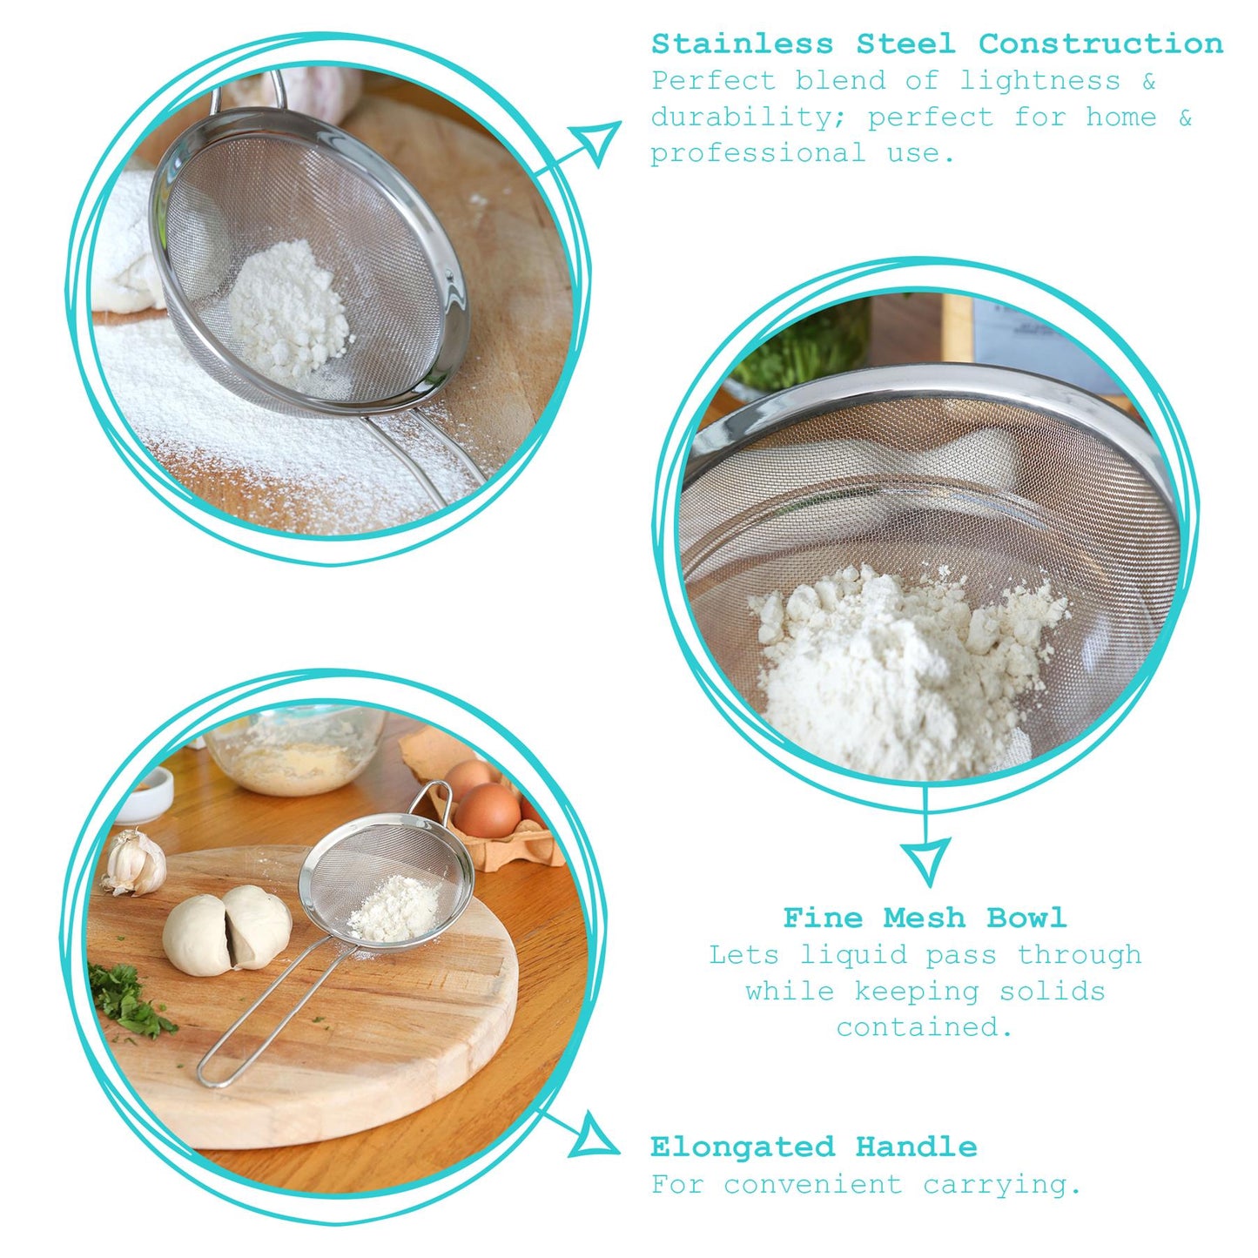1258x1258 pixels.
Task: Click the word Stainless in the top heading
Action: (743, 44)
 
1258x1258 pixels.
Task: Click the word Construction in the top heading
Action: (1100, 44)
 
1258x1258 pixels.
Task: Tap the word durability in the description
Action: (751, 118)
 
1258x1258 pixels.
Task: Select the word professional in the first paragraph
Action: (758, 153)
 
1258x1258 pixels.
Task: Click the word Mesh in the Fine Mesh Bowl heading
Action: (924, 918)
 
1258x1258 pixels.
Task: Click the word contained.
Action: (925, 1027)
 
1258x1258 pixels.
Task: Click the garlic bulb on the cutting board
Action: (135, 861)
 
